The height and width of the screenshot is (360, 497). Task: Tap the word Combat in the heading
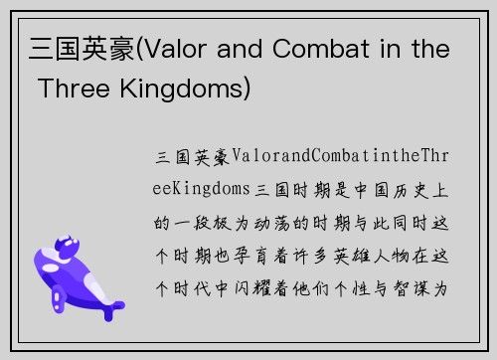click(x=323, y=50)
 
